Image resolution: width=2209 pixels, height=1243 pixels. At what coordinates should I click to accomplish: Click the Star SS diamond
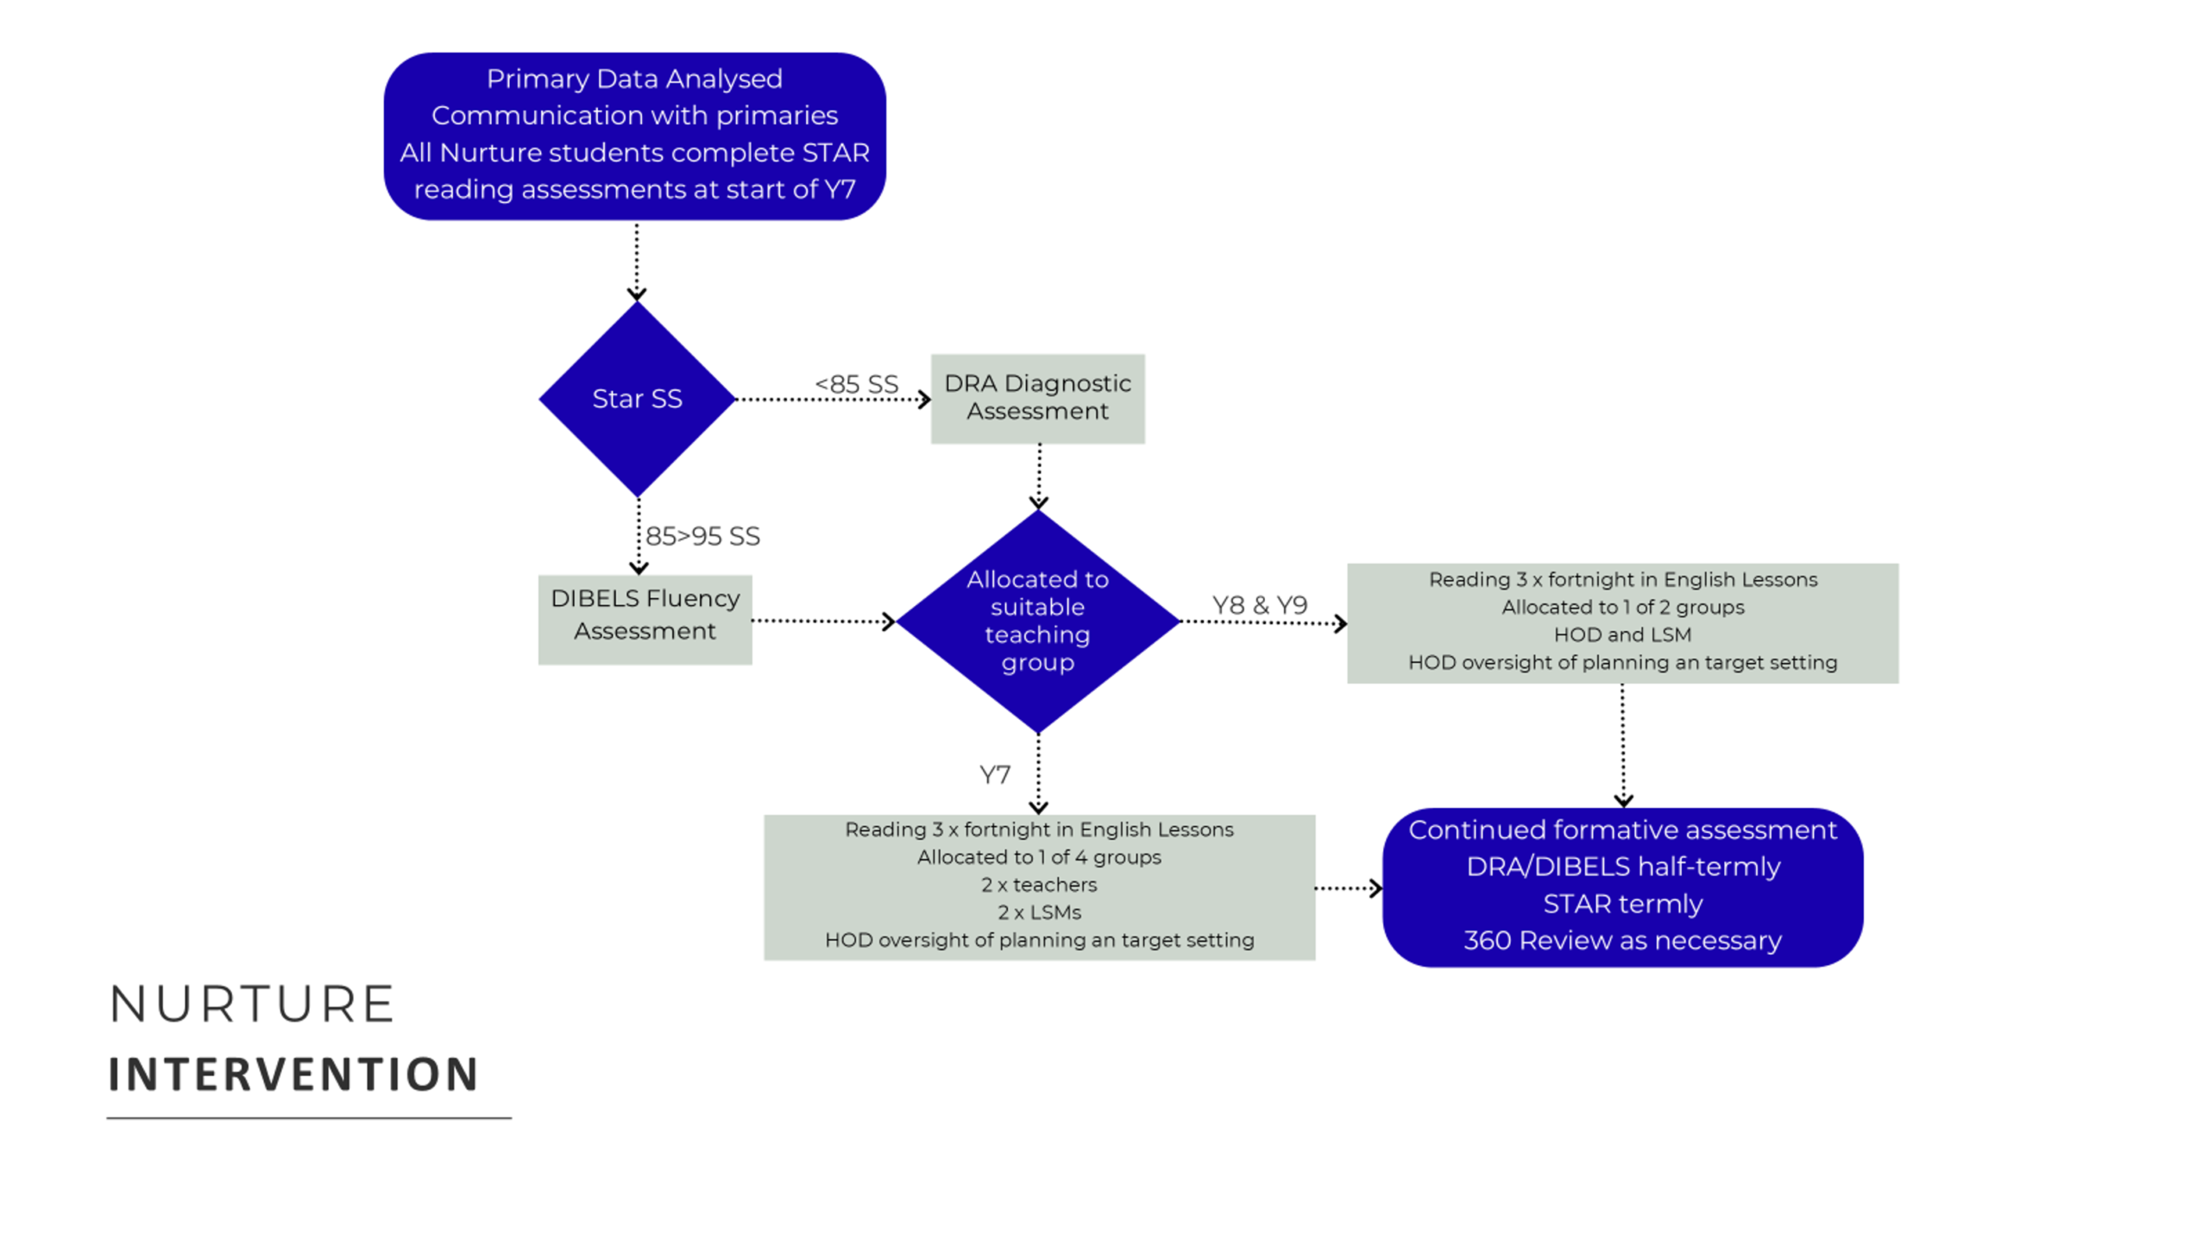pyautogui.click(x=637, y=399)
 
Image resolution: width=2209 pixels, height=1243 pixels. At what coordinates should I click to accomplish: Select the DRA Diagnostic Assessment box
pyautogui.click(x=1037, y=399)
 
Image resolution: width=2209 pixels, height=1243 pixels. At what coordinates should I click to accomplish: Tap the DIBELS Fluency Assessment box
pyautogui.click(x=645, y=620)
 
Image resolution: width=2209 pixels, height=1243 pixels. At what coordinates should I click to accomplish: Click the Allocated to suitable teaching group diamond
pyautogui.click(x=1038, y=621)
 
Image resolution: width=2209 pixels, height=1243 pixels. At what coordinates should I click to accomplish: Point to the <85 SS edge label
pyautogui.click(x=856, y=384)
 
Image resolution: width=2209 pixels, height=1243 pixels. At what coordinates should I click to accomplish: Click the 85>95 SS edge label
pyautogui.click(x=702, y=536)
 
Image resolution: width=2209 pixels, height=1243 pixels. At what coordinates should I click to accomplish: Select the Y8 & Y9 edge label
pyautogui.click(x=1260, y=605)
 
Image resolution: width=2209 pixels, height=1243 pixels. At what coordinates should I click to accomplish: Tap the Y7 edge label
pyautogui.click(x=995, y=774)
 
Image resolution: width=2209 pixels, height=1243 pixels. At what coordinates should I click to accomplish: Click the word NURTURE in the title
pyautogui.click(x=252, y=1004)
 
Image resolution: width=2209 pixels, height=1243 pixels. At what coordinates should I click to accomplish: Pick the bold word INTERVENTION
pyautogui.click(x=293, y=1075)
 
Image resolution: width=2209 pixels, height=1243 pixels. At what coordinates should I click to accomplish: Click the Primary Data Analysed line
pyautogui.click(x=634, y=79)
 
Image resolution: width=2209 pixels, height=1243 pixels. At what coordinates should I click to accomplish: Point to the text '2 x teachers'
pyautogui.click(x=1039, y=885)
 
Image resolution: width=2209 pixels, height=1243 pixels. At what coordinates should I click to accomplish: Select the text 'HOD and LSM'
pyautogui.click(x=1622, y=634)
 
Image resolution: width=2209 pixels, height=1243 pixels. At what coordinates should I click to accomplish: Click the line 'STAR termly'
pyautogui.click(x=1622, y=904)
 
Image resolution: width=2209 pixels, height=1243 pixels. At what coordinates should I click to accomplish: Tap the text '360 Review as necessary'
pyautogui.click(x=1622, y=940)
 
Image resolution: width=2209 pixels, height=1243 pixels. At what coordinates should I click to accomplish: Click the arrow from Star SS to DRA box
pyautogui.click(x=833, y=399)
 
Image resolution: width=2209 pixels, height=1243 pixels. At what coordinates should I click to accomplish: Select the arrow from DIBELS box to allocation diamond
pyautogui.click(x=824, y=621)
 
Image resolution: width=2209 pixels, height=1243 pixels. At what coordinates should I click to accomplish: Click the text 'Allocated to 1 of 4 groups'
pyautogui.click(x=1039, y=857)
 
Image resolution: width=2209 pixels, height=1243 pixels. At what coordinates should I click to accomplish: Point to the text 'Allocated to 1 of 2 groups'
pyautogui.click(x=1622, y=607)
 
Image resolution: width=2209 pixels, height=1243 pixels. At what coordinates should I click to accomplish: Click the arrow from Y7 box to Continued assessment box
pyautogui.click(x=1349, y=887)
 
